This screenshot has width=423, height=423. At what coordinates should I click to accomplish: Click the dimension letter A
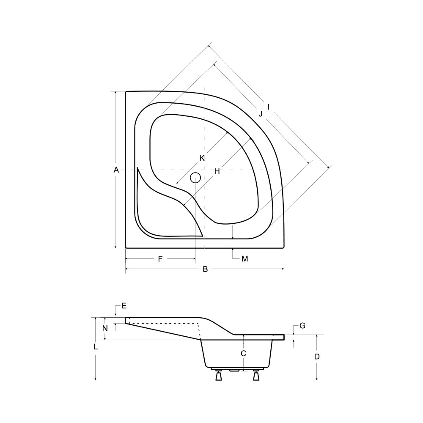pyautogui.click(x=116, y=170)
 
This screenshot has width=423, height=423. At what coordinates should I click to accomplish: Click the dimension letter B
pyautogui.click(x=205, y=269)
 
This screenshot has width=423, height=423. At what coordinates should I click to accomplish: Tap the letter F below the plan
pyautogui.click(x=160, y=259)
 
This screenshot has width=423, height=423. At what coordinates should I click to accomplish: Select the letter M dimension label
pyautogui.click(x=244, y=259)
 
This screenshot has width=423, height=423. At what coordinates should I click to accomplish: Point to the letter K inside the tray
pyautogui.click(x=202, y=158)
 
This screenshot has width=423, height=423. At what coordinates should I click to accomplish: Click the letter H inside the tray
pyautogui.click(x=217, y=171)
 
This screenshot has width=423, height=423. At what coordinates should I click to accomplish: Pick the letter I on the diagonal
pyautogui.click(x=269, y=107)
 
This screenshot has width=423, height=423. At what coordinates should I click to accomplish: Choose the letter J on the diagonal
pyautogui.click(x=260, y=114)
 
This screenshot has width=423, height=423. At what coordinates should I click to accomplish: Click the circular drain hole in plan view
pyautogui.click(x=195, y=178)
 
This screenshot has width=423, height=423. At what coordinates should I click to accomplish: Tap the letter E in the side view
pyautogui.click(x=124, y=306)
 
